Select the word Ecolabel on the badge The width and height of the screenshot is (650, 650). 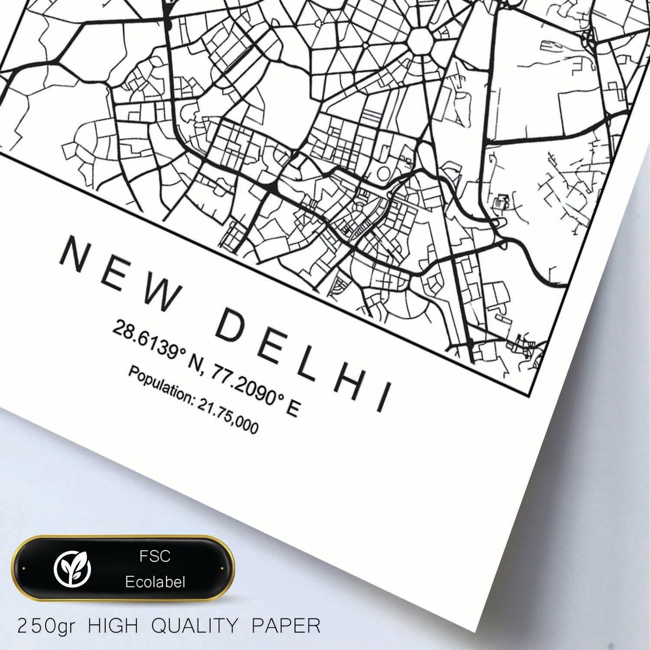tap(155, 582)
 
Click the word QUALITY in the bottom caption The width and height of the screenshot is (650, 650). tap(194, 626)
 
